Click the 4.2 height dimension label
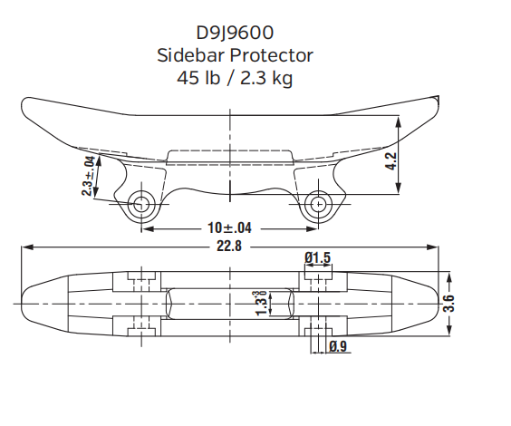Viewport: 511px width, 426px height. tap(391, 162)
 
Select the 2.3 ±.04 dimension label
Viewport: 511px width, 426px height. tap(88, 176)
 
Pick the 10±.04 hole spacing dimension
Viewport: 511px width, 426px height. tap(230, 227)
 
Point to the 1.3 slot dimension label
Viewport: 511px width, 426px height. tap(261, 303)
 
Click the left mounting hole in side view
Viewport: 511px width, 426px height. tap(140, 204)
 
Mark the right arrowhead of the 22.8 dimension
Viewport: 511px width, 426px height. tap(434, 246)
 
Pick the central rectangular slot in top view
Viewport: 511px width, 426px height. tap(230, 302)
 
